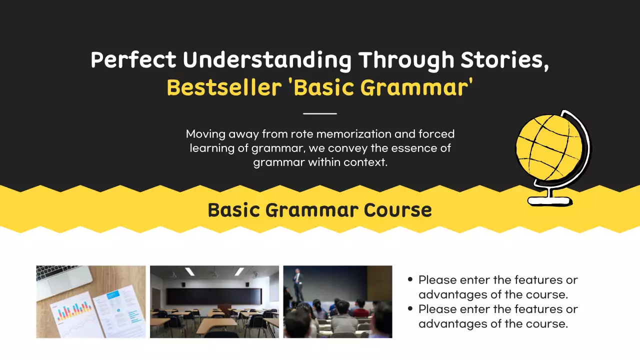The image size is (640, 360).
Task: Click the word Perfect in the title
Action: point(133,59)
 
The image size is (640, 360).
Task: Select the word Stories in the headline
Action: point(505,60)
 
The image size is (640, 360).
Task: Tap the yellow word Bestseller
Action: point(224,87)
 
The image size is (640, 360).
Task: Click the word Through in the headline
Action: point(406,61)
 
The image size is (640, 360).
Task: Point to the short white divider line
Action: point(319,113)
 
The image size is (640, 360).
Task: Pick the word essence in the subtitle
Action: point(414,148)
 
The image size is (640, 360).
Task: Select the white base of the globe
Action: point(549,201)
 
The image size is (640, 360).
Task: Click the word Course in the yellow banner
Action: point(397,210)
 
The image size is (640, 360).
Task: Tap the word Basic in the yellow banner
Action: point(234,210)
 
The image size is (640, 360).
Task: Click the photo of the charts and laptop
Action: point(91,301)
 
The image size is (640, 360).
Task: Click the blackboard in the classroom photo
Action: point(214,296)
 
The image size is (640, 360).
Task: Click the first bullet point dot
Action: point(410,279)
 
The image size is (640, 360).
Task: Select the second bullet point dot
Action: point(410,308)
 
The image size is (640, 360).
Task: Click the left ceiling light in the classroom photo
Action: point(189,271)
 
